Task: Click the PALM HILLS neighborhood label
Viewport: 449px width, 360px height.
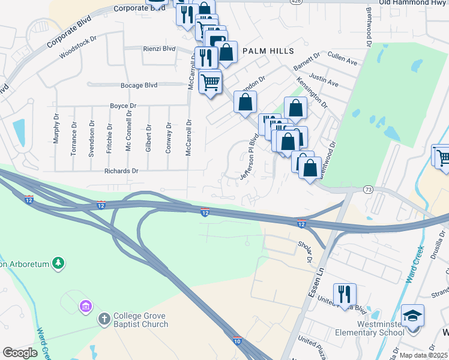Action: [x=265, y=52]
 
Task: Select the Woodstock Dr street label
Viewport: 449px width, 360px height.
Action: [x=77, y=47]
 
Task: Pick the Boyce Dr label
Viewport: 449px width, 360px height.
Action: [x=123, y=106]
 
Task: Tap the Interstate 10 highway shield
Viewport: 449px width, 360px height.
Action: [x=238, y=341]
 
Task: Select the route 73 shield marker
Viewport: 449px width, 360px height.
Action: [x=368, y=189]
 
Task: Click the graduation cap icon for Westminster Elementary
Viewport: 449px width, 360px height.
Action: [x=413, y=315]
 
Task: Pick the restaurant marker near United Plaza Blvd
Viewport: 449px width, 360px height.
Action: [x=345, y=294]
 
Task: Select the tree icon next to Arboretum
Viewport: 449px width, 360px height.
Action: [x=58, y=263]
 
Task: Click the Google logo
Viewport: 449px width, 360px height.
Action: [x=20, y=353]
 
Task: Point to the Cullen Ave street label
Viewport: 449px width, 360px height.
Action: [x=343, y=61]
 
